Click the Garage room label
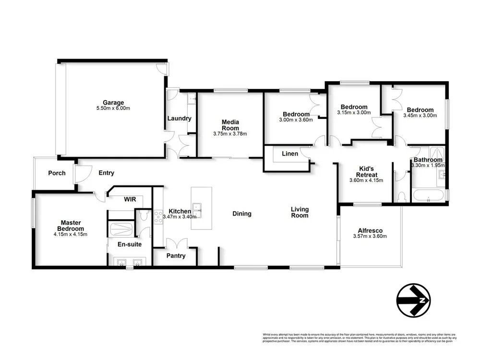coord(113,102)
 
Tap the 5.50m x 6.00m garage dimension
coord(113,108)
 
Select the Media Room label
coord(230,125)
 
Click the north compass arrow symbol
coord(413,300)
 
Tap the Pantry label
coord(176,256)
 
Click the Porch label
coord(57,173)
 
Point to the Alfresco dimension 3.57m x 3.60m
coord(370,236)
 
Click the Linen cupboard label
coord(290,154)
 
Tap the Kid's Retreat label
coord(368,171)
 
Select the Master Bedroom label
coord(70,226)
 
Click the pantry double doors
coord(176,243)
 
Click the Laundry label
coord(179,119)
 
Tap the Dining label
coord(241,214)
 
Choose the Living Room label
coord(300,212)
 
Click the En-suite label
coord(122,244)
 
